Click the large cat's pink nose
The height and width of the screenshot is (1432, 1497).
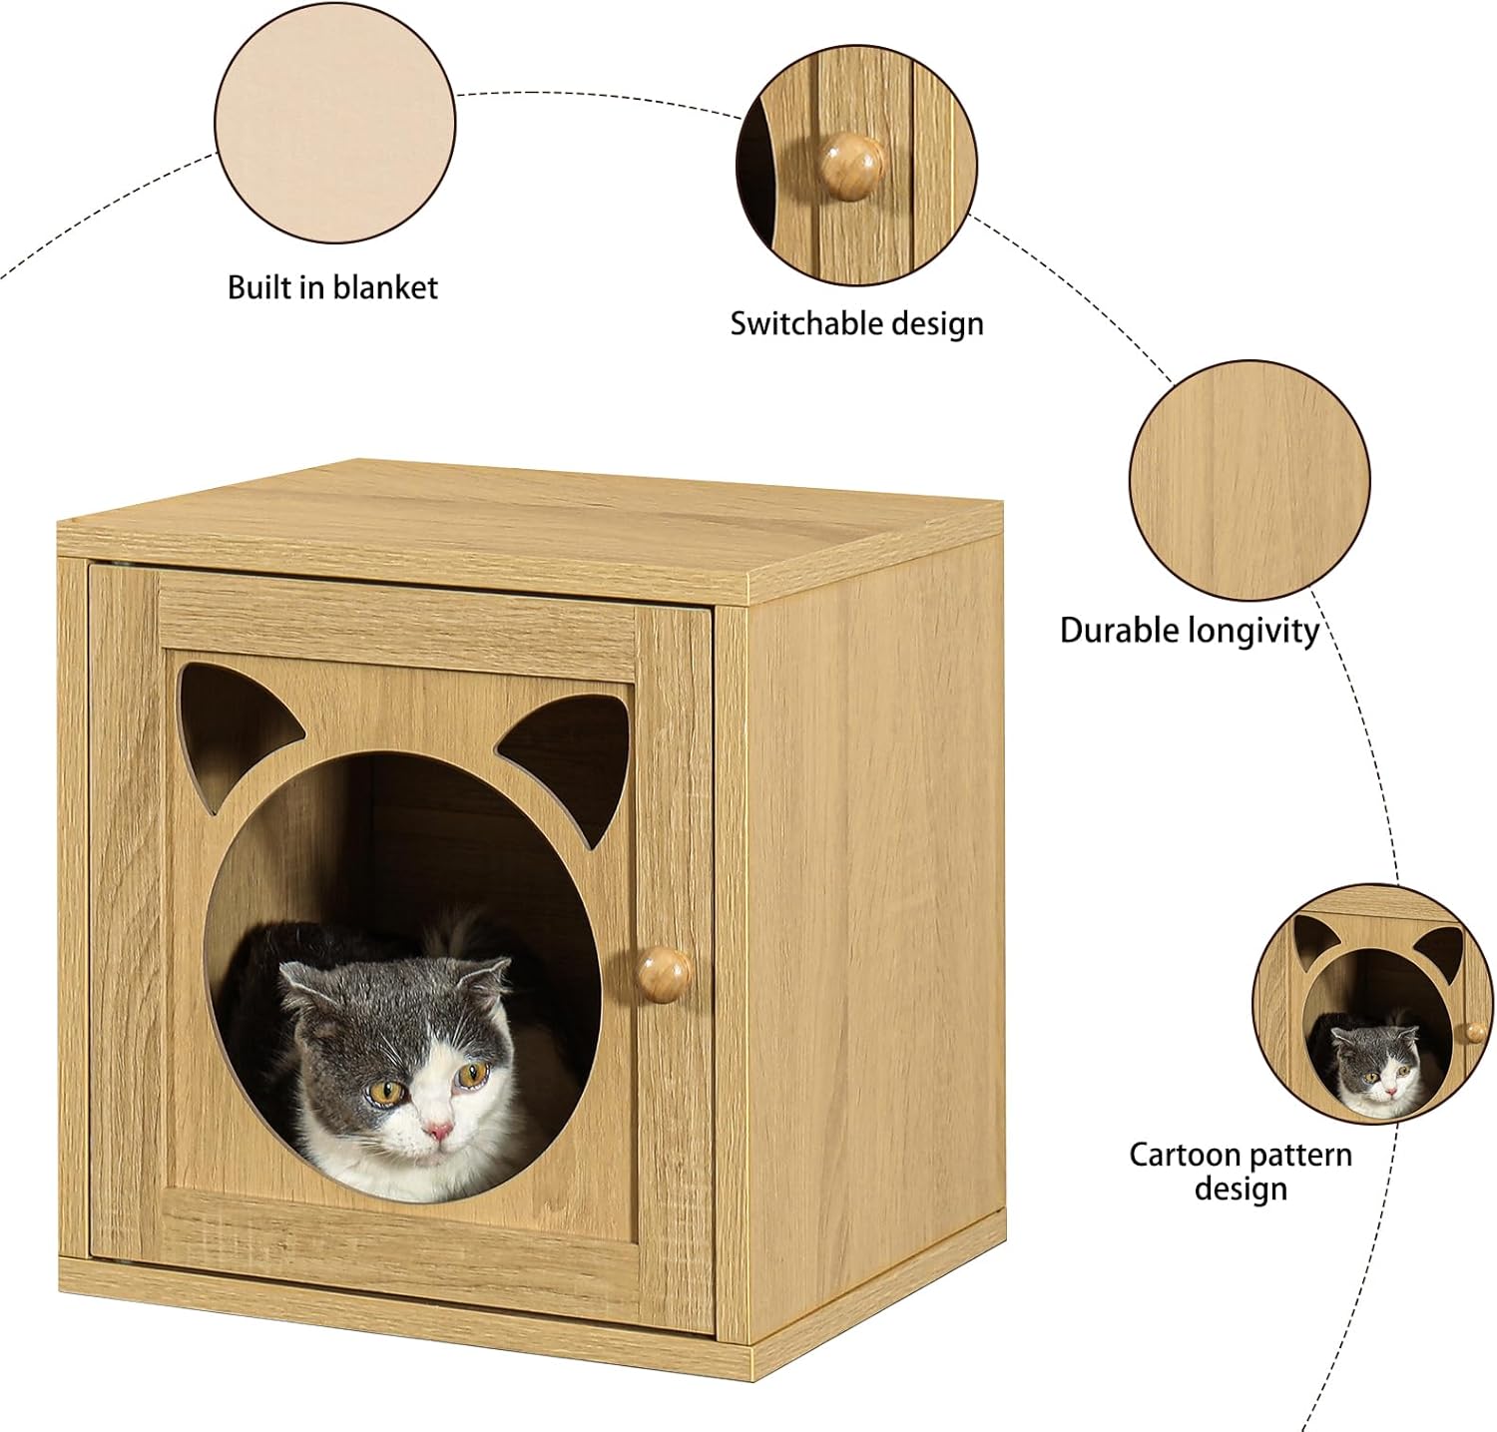tap(437, 1130)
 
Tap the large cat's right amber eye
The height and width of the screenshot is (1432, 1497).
tap(472, 1074)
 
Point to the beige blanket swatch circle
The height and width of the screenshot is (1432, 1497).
tap(335, 123)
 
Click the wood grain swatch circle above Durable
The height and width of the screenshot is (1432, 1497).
tap(1249, 480)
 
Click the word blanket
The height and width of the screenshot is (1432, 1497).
tap(385, 287)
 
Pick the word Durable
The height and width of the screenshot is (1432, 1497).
tap(1120, 631)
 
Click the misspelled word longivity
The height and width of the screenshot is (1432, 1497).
tap(1254, 633)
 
